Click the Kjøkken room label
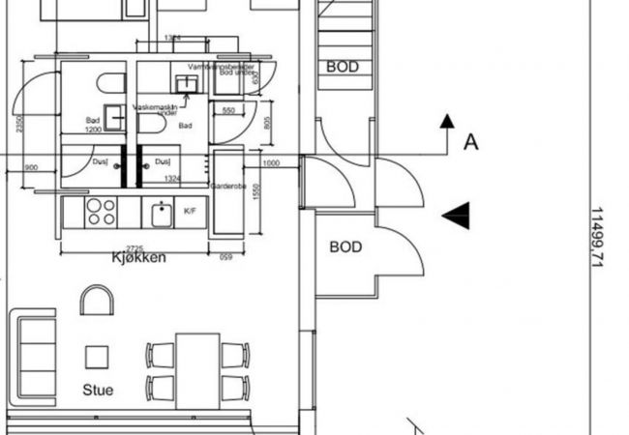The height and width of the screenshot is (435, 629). point(139,258)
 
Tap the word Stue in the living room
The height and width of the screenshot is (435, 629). point(98,391)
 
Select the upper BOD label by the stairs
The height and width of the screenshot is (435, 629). point(343,67)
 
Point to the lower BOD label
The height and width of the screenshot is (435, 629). point(345,247)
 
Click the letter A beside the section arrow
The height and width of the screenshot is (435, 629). point(471,142)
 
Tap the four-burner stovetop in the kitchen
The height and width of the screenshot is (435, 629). point(102,212)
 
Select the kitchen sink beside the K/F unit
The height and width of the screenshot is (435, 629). point(160,212)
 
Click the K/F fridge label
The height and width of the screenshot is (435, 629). point(191,211)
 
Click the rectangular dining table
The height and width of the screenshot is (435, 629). point(197,370)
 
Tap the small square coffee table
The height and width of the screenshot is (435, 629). point(97,358)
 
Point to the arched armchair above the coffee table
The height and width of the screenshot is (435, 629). point(97,301)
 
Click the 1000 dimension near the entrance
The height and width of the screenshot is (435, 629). point(271,163)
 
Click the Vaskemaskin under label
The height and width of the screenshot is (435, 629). point(156,109)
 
